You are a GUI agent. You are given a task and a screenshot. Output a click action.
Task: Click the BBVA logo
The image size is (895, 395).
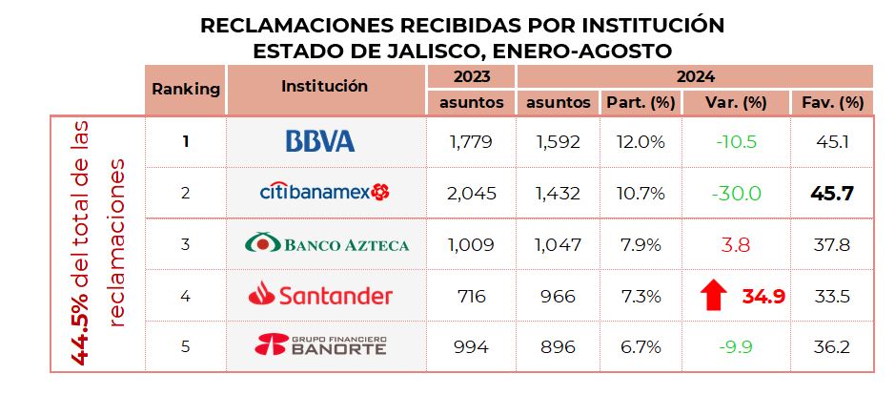(x=320, y=141)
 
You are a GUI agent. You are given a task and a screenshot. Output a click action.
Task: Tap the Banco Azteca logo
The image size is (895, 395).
(x=327, y=244)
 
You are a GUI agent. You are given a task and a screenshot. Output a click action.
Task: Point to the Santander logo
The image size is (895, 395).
(x=320, y=296)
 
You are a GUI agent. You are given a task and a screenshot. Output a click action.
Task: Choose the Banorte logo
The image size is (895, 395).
(x=320, y=345)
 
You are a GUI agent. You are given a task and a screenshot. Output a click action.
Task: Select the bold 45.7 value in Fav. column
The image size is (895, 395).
(x=832, y=193)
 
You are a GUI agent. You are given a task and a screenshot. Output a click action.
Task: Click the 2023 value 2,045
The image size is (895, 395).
(x=472, y=193)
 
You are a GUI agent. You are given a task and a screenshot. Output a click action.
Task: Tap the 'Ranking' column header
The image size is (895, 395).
(x=186, y=89)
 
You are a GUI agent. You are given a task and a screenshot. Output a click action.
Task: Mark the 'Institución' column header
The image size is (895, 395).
(x=324, y=86)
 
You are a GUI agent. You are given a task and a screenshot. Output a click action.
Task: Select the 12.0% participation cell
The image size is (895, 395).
(x=640, y=141)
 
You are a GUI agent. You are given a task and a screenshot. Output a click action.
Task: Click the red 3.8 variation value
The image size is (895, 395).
(x=737, y=244)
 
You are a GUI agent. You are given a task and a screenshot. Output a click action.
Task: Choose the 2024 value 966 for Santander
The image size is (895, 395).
(x=557, y=296)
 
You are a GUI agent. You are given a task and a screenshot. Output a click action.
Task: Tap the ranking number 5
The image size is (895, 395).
(x=186, y=345)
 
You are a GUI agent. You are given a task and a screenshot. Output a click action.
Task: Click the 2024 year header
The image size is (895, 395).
(x=694, y=76)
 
